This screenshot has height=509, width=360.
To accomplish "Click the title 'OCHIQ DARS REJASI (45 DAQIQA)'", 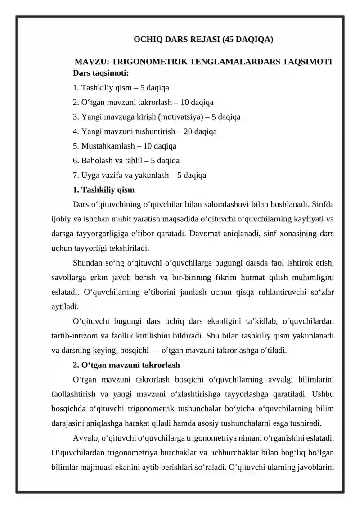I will coord(203,39).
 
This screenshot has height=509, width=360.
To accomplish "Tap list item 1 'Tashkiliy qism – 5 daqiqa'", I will coord(121,87).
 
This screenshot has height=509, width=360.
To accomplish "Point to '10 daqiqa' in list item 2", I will coord(197,102).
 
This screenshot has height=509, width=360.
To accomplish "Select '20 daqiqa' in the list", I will coord(200,131).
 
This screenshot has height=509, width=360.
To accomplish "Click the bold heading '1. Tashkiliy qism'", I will coord(103,190).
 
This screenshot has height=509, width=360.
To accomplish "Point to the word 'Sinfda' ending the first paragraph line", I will coord(322,205).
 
